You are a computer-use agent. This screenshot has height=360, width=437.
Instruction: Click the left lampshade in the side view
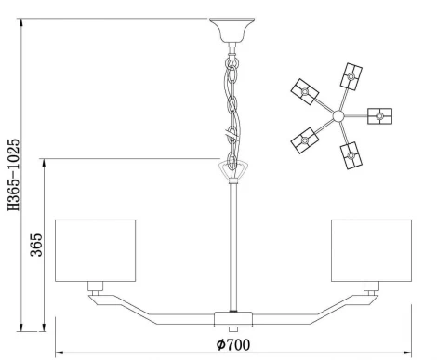96,248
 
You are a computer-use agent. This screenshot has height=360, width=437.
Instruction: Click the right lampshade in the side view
371,248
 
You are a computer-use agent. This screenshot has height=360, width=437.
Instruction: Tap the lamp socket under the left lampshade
96,286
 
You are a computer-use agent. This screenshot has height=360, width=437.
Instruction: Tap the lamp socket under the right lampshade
370,286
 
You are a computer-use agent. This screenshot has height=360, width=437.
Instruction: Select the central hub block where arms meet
232,318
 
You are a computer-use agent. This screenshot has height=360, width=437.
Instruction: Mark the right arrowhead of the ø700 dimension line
406,353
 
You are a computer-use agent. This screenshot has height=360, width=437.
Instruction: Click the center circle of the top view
338,116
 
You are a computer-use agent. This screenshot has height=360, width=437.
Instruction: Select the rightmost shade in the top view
380,116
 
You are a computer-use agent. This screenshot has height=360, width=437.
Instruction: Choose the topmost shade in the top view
351,73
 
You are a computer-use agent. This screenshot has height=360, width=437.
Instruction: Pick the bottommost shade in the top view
351,155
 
